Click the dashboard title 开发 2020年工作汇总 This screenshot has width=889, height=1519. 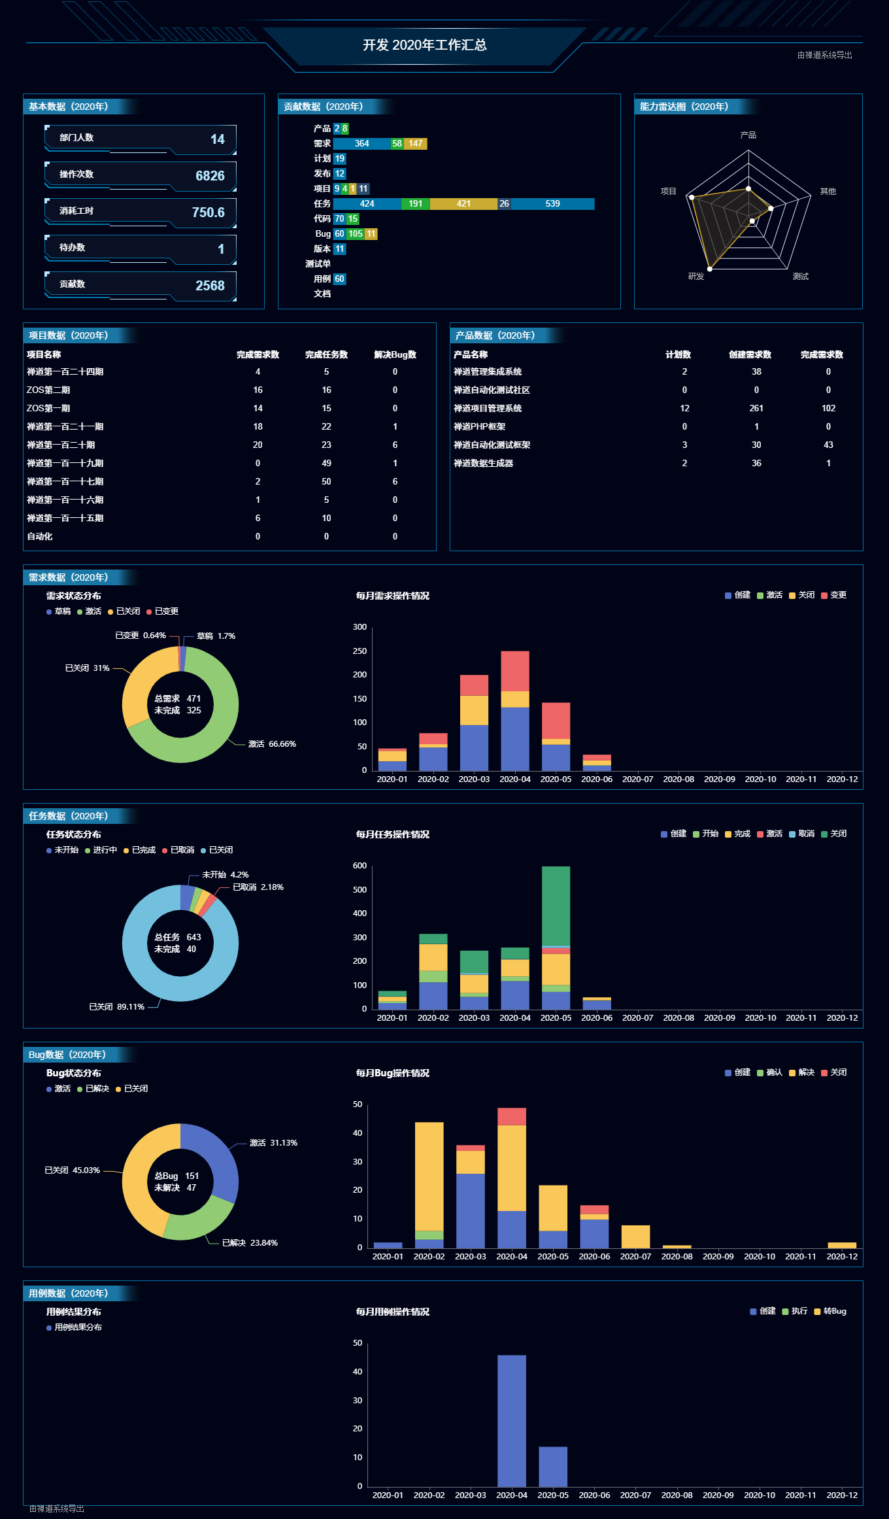click(424, 45)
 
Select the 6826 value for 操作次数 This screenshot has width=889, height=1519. click(210, 176)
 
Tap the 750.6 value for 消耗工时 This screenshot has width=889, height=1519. click(208, 213)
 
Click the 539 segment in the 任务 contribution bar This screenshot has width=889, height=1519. click(552, 204)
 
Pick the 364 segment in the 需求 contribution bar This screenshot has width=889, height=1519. click(361, 144)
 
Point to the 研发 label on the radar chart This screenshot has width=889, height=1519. click(696, 277)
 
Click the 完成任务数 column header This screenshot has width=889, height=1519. click(326, 355)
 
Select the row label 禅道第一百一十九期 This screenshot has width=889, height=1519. click(65, 464)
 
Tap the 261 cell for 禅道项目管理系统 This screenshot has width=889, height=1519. click(756, 409)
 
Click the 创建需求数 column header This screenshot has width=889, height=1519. click(750, 355)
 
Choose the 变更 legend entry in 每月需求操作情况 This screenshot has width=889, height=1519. click(834, 595)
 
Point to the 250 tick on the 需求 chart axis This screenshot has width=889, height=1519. click(360, 651)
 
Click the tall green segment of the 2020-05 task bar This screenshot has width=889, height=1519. click(556, 906)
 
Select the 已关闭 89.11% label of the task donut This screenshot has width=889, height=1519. click(116, 1007)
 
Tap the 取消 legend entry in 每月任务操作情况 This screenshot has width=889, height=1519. click(802, 834)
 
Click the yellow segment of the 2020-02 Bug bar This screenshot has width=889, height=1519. click(429, 1176)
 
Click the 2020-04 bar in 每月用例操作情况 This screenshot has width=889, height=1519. click(511, 1420)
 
